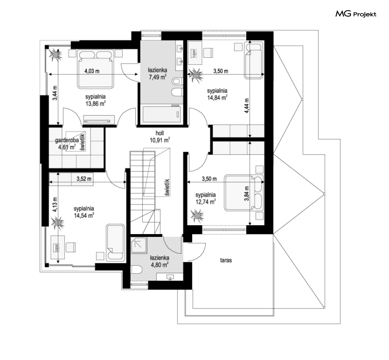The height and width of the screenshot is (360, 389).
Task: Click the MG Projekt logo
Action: click(356, 14)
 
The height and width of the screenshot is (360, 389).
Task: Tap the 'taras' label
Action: click(226, 260)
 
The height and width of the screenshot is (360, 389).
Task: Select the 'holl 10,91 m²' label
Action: click(160, 137)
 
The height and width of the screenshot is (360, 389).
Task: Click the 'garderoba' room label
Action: click(67, 140)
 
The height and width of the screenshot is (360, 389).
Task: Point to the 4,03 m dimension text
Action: click(92, 71)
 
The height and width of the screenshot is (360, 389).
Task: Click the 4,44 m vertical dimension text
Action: click(247, 106)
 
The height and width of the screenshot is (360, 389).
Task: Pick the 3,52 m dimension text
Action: click(84, 179)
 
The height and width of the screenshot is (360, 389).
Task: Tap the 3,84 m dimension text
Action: click(247, 193)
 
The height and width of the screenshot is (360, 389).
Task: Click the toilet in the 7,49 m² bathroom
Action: click(177, 81)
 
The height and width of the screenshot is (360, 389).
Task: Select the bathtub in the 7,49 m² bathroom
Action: click(161, 114)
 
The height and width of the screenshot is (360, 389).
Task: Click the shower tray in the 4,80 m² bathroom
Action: click(139, 245)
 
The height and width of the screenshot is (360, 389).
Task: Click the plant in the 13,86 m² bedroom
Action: click(56, 54)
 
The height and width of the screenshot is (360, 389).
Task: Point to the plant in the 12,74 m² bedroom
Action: click(197, 216)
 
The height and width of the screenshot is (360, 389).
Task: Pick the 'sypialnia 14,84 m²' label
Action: click(217, 94)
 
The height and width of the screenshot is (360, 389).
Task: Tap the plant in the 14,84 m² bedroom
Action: click(195, 74)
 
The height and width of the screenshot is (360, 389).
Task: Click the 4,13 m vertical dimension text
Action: click(55, 204)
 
